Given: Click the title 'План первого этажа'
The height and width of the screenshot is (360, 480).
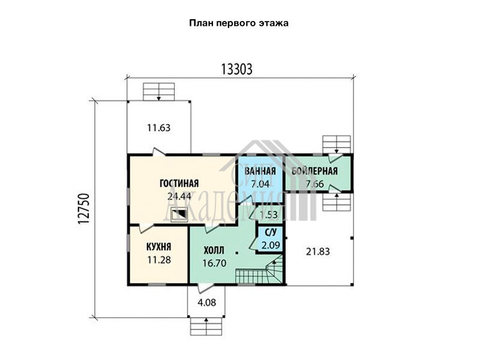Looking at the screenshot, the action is [x=239, y=23].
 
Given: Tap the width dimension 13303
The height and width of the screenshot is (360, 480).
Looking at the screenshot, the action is [x=236, y=69].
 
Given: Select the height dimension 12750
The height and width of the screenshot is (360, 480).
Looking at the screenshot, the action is [x=84, y=209].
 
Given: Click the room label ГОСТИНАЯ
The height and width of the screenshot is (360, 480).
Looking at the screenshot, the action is [x=179, y=183].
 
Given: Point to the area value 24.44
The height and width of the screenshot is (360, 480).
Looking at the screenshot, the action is [x=179, y=196].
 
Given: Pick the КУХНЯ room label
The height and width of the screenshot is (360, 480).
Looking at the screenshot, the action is [x=159, y=247].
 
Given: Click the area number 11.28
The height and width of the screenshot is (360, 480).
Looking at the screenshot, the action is [x=159, y=260].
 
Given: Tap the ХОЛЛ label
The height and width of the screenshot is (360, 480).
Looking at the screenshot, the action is [x=214, y=250].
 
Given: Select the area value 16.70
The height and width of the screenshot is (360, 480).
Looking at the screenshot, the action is [x=214, y=263].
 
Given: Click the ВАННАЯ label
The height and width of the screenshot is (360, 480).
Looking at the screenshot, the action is [x=260, y=171].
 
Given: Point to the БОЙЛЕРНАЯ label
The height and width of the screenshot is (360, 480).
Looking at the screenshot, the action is [x=314, y=171].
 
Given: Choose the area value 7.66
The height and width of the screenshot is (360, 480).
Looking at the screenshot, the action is [x=314, y=184].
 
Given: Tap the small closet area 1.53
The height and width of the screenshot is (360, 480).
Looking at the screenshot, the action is [x=268, y=215].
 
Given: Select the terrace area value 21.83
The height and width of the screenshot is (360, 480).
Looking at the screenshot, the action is [x=318, y=251].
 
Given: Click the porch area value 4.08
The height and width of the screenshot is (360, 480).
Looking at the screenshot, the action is [x=206, y=302].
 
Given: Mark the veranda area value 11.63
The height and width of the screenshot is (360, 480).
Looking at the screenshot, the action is [x=158, y=128].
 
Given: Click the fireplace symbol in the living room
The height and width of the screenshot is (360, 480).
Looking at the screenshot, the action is [x=179, y=214].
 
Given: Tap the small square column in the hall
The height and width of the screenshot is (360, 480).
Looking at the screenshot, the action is [x=237, y=253].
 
